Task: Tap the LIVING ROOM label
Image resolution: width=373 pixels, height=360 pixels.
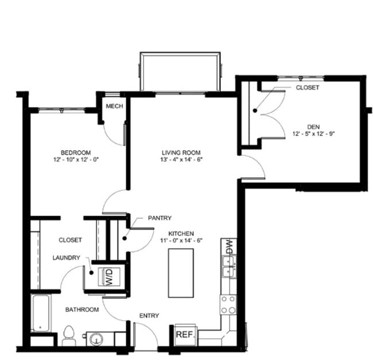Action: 181,152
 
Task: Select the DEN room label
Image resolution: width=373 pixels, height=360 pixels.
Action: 313,126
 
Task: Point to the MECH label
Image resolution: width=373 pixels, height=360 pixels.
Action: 114,107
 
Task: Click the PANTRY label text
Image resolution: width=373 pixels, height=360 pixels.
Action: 160,218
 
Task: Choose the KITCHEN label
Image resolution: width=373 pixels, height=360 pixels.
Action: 181,234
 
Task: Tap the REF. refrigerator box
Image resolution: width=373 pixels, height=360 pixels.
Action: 184,334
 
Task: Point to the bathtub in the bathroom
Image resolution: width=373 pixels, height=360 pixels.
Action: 40,313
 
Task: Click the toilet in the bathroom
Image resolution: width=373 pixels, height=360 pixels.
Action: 69,335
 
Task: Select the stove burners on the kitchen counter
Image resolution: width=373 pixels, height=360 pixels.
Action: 228,304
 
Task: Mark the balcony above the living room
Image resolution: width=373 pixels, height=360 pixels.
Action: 180,71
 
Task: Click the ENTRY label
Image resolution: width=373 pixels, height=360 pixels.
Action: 149,316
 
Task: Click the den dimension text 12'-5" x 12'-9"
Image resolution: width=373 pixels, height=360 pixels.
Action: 313,135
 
